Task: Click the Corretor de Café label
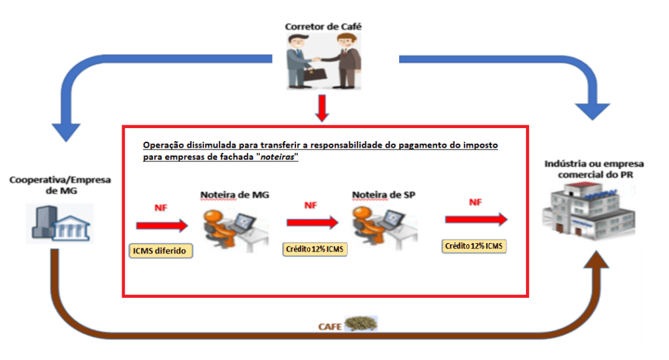point(323,27)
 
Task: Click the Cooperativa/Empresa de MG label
point(60,185)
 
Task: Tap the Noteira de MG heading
point(234,194)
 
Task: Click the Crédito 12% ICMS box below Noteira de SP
point(315,249)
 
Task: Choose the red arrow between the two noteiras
point(312,222)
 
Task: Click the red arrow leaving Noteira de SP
point(476,220)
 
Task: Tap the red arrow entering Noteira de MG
point(161,225)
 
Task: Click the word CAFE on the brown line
point(331,325)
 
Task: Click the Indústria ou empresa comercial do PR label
point(594,169)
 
